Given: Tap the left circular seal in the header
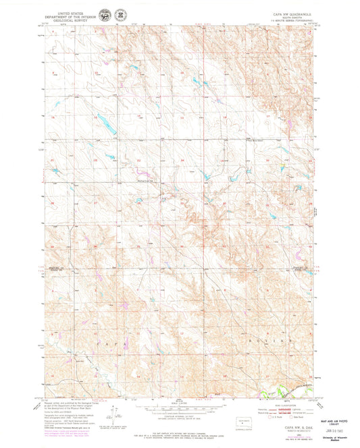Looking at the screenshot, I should tap(104, 14).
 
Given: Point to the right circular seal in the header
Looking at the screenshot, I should tap(119, 14).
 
